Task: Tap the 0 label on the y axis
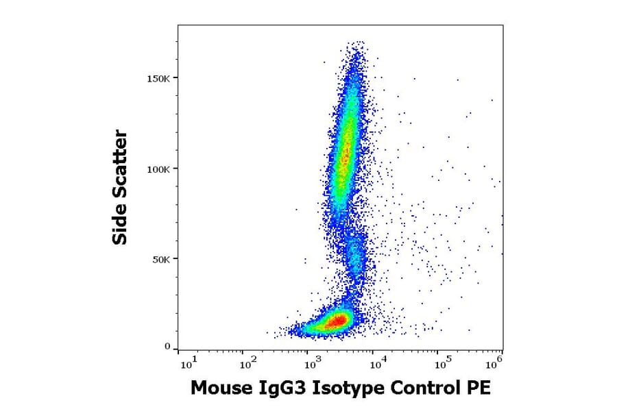tap(167, 347)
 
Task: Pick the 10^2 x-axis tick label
tap(248, 360)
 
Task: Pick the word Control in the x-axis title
tap(423, 388)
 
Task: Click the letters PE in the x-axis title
tap(479, 388)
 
